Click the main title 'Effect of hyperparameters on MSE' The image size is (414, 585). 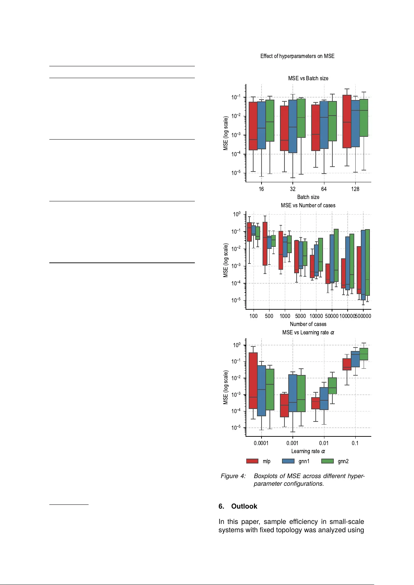pyautogui.click(x=297, y=56)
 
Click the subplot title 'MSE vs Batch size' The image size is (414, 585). pyautogui.click(x=308, y=78)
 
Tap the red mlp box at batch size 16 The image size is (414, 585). pyautogui.click(x=253, y=126)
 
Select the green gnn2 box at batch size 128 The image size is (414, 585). pyautogui.click(x=364, y=118)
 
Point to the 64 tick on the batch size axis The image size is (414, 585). pyautogui.click(x=324, y=189)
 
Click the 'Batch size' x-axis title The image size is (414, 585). pyautogui.click(x=308, y=197)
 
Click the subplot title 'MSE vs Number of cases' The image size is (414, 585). pyautogui.click(x=308, y=206)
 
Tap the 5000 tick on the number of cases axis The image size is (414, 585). pyautogui.click(x=300, y=316)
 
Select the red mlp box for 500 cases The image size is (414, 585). pyautogui.click(x=265, y=244)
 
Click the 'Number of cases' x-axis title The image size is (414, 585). pyautogui.click(x=308, y=324)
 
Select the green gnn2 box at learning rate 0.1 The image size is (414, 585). pyautogui.click(x=364, y=354)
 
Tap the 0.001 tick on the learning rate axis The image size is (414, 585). pyautogui.click(x=292, y=443)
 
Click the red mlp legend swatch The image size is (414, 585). pyautogui.click(x=252, y=461)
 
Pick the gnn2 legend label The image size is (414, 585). pyautogui.click(x=343, y=461)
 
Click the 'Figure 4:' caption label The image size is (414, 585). pyautogui.click(x=233, y=476)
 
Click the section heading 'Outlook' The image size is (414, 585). pyautogui.click(x=244, y=507)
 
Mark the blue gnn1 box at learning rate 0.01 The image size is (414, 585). pyautogui.click(x=324, y=399)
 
